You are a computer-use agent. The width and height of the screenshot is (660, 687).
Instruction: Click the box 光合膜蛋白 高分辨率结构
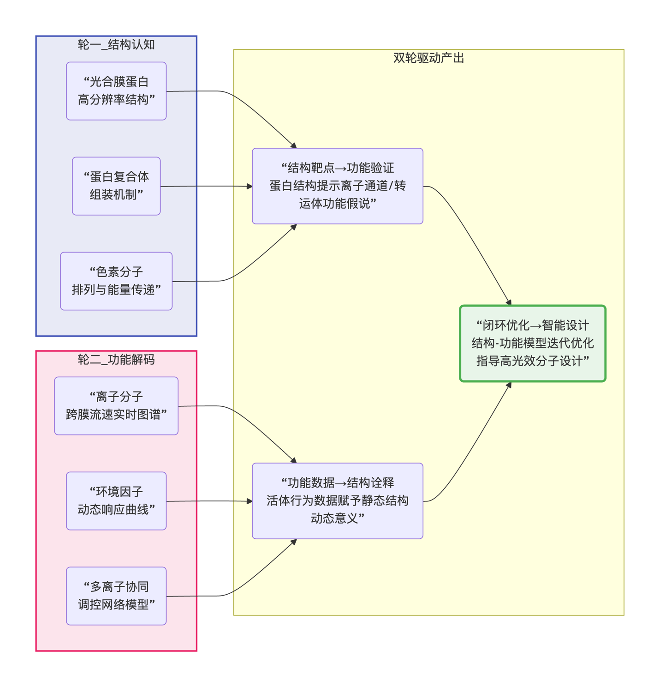(116, 91)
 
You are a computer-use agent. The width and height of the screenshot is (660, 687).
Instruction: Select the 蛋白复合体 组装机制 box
(116, 186)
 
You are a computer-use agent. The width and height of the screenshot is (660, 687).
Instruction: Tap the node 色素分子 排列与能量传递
(116, 281)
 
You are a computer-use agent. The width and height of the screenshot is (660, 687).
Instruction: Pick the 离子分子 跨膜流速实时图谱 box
(116, 406)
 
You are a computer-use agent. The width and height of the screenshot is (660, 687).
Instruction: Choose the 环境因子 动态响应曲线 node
(116, 501)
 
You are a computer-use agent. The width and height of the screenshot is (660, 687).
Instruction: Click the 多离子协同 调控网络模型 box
(116, 596)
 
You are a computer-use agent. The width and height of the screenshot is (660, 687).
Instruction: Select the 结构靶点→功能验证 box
(338, 186)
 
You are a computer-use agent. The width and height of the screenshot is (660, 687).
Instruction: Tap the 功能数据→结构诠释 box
(338, 501)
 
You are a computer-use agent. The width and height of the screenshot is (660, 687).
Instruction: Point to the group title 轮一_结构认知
(116, 45)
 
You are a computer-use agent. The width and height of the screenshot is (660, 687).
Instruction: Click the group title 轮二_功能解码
(116, 360)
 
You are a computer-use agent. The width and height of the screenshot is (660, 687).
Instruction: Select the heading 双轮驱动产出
(428, 58)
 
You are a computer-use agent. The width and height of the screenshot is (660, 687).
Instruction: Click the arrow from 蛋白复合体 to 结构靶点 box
(206, 186)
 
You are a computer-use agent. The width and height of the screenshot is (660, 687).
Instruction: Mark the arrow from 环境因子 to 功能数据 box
(209, 501)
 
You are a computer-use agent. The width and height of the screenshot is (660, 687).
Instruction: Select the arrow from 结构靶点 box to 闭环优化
(471, 233)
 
